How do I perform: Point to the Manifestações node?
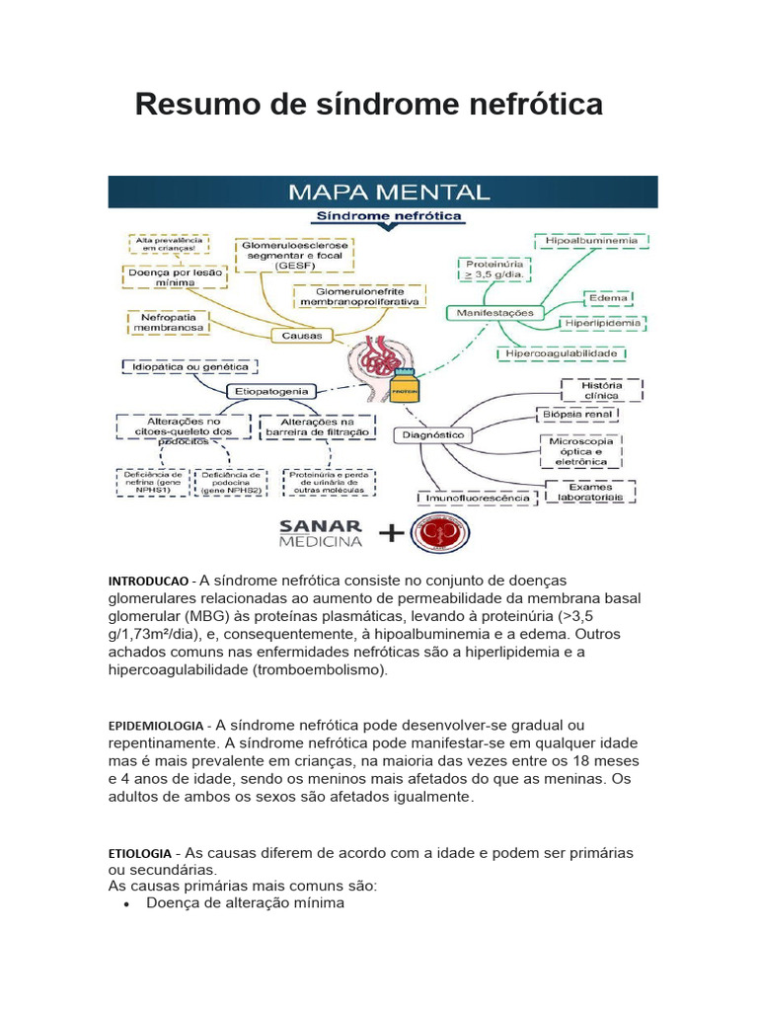click(x=495, y=313)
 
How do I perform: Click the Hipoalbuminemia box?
click(x=586, y=240)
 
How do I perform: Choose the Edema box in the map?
click(x=608, y=297)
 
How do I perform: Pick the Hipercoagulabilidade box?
click(x=562, y=352)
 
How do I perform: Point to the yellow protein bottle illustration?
click(x=403, y=390)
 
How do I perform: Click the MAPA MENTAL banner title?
click(x=388, y=192)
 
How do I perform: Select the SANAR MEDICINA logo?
click(x=321, y=533)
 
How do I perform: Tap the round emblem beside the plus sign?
click(x=440, y=533)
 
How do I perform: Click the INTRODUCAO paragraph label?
click(x=147, y=582)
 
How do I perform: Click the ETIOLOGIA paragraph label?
click(x=139, y=852)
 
